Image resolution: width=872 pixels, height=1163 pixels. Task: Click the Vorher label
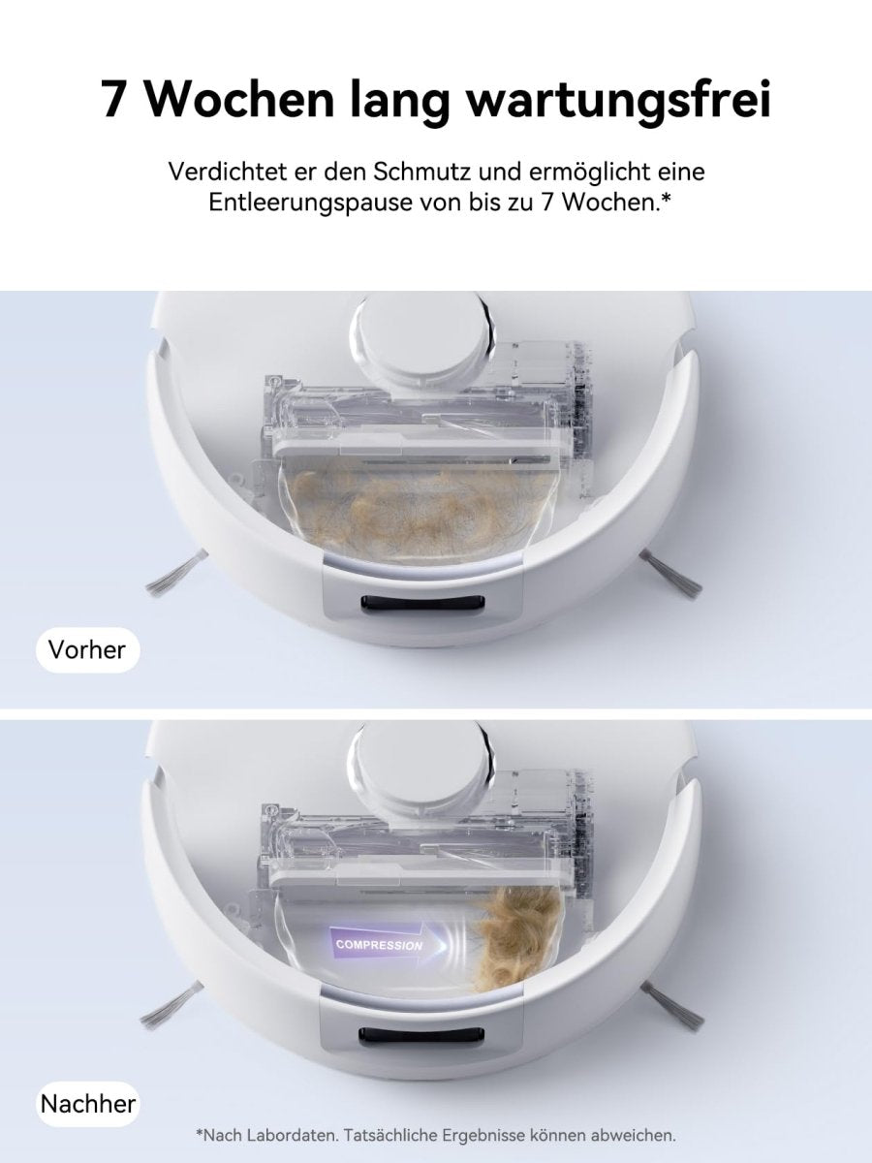tap(87, 649)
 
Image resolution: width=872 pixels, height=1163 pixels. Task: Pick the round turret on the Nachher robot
tap(422, 766)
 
